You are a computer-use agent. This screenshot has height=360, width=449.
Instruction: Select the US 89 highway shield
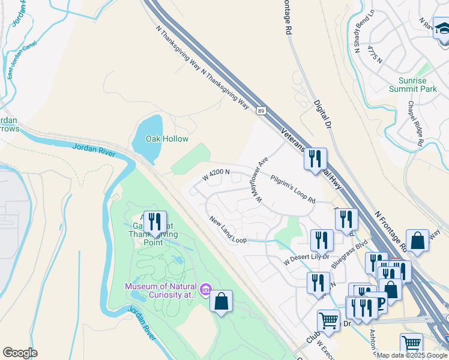click(260, 111)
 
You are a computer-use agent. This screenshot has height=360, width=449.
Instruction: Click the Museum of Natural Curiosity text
click(161, 290)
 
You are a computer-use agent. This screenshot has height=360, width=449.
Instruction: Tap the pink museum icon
click(206, 290)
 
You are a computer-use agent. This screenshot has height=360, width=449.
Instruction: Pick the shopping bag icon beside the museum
click(221, 301)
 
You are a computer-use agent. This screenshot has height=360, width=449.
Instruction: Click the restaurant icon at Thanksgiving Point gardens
click(155, 223)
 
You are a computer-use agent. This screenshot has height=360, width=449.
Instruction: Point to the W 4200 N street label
click(217, 175)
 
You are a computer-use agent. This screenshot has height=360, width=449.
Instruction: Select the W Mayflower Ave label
click(261, 179)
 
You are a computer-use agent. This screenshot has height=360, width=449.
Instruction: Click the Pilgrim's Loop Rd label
click(293, 188)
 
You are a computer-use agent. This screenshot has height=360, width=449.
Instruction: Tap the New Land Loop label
click(228, 230)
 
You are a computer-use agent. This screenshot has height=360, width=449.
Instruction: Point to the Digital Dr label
click(323, 115)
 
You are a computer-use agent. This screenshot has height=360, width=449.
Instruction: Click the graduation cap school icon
click(442, 28)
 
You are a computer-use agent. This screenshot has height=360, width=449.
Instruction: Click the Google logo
click(20, 353)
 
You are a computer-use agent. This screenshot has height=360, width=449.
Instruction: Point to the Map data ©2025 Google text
click(412, 355)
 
